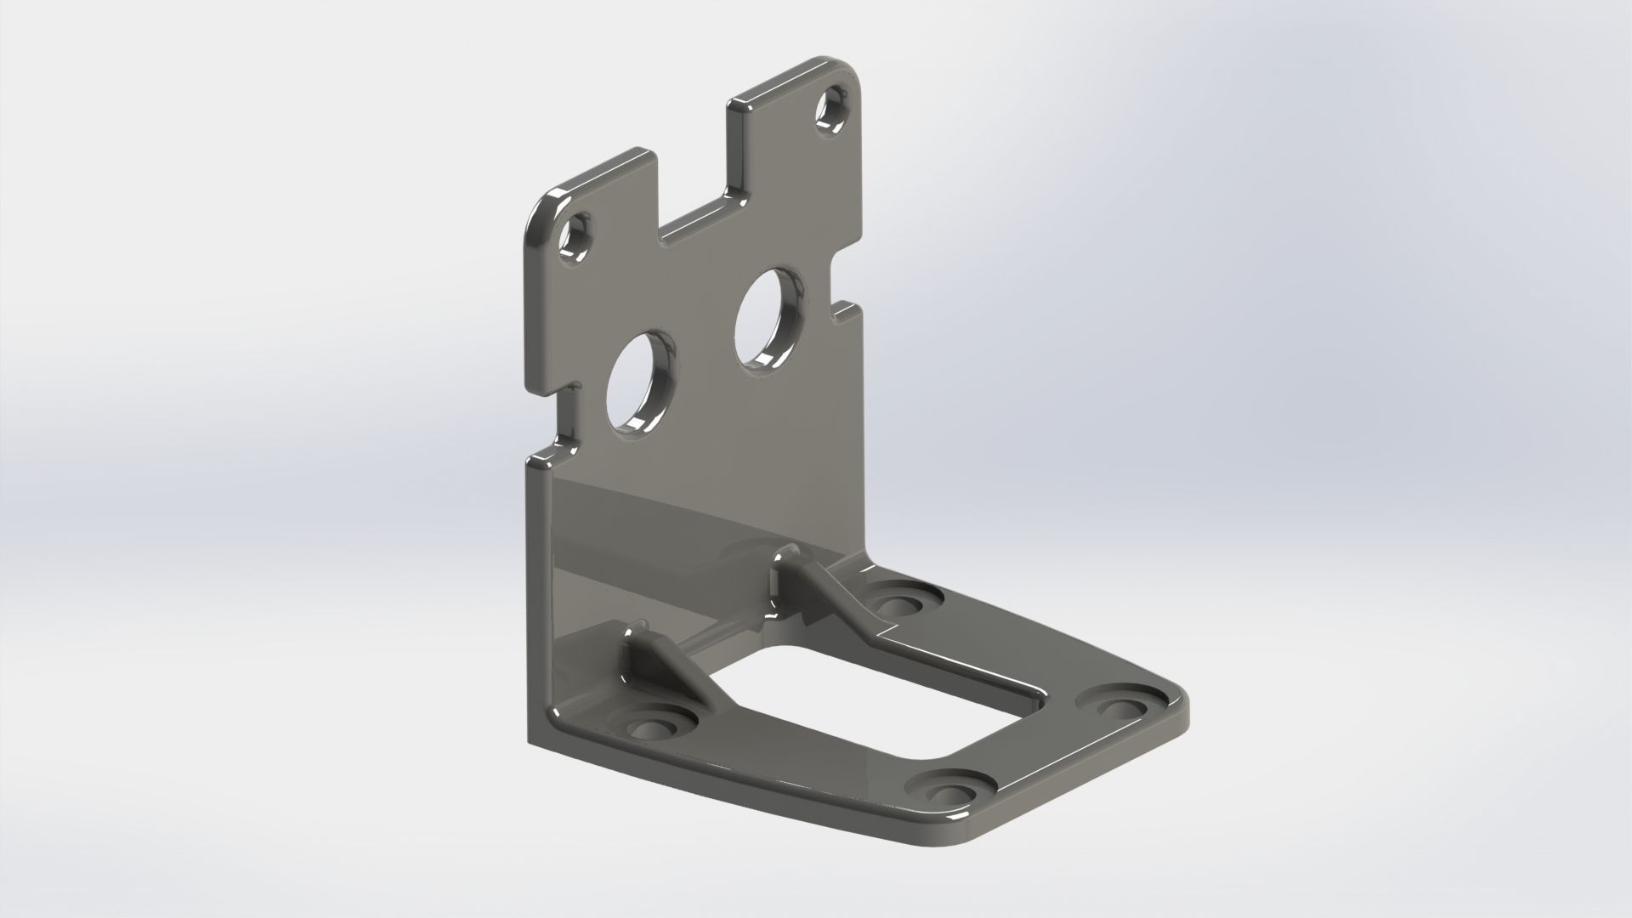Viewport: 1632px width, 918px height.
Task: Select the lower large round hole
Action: pos(640,383)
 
